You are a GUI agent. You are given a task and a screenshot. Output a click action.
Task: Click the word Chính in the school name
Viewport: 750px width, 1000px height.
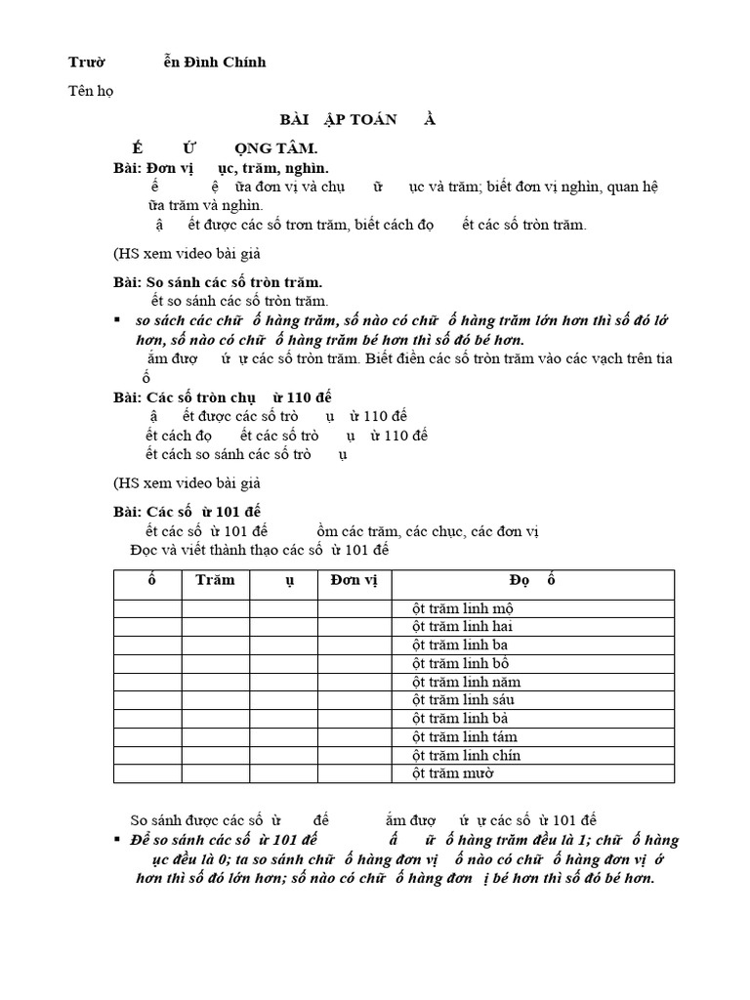point(243,62)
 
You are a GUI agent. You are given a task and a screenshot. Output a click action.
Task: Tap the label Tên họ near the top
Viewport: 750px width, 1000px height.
point(89,91)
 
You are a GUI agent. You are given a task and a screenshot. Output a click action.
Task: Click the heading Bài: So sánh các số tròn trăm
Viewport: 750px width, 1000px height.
point(219,282)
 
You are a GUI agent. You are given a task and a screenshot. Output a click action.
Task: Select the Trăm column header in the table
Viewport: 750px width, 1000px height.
point(215,580)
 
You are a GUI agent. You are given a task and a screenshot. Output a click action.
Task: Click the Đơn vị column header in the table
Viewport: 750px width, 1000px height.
point(354,580)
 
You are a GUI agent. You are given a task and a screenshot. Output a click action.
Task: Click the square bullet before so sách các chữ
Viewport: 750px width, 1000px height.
point(118,320)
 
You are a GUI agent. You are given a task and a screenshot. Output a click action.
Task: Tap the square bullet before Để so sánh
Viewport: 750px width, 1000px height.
point(118,840)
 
